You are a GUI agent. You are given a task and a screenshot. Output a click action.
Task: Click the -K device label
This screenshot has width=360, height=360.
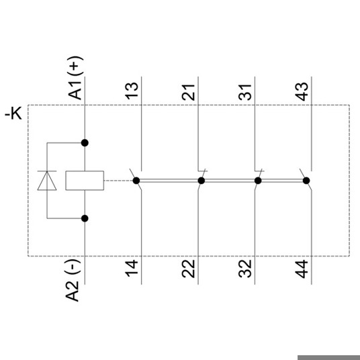tap(13, 114)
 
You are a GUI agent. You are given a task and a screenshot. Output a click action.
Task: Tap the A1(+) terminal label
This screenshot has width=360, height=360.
tap(75, 78)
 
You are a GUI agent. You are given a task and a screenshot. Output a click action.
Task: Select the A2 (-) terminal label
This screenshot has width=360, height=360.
tap(73, 280)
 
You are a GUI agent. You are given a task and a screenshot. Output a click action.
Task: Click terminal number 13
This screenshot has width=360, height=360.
tap(132, 91)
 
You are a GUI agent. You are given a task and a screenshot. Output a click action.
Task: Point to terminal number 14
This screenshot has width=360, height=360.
tap(132, 269)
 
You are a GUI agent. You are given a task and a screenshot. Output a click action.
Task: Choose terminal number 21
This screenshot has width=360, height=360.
tap(188, 93)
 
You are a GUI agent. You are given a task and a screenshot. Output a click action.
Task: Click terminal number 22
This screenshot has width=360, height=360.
tap(188, 269)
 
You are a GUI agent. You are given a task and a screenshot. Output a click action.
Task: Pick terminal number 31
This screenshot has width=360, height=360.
tap(245, 93)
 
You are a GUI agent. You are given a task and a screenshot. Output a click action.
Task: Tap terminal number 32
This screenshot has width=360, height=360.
tap(245, 269)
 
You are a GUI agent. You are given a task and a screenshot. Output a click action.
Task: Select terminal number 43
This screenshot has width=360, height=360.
tap(302, 91)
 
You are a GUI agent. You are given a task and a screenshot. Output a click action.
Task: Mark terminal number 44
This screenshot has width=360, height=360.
tap(302, 269)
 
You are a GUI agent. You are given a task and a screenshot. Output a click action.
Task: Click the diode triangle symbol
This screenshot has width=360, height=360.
tap(47, 181)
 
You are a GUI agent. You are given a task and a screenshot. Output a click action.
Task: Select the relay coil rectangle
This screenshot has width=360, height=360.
tap(85, 181)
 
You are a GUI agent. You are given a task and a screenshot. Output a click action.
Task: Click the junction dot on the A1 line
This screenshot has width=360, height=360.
tap(85, 143)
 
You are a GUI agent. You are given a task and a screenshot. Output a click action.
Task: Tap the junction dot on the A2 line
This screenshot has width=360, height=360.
tap(85, 218)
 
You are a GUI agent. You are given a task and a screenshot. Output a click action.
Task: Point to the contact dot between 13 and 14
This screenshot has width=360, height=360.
tap(136, 181)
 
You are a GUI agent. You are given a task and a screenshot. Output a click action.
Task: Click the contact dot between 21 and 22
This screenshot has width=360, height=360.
tap(201, 181)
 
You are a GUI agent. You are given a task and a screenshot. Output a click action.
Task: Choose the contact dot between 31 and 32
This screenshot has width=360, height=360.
tap(258, 181)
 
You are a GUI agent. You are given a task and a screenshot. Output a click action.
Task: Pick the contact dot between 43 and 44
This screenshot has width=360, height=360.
tap(306, 181)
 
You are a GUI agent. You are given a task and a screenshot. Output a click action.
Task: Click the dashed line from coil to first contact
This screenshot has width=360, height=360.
tap(118, 181)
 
